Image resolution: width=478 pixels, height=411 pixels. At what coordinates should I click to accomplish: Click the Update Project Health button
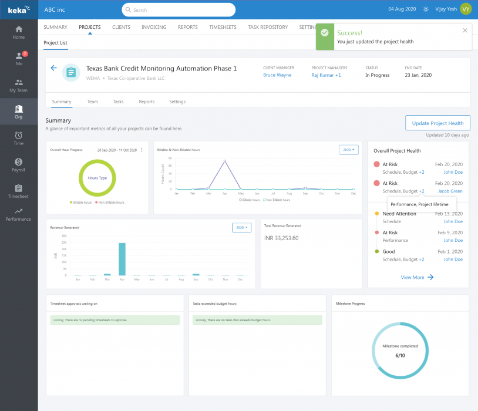437,123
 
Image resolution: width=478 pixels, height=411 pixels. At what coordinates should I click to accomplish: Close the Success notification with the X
465,30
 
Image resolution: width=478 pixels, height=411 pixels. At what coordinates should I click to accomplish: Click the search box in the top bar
179,10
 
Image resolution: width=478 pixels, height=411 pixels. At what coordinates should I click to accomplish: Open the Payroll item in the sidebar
19,166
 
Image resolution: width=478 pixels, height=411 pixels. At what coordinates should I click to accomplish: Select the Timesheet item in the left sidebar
19,192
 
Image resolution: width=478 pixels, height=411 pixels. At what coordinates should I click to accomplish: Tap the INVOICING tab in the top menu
154,27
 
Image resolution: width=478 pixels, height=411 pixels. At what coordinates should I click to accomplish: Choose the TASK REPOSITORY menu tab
268,27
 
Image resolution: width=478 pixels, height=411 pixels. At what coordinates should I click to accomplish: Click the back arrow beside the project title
54,68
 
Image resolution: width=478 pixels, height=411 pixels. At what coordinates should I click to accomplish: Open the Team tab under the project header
93,102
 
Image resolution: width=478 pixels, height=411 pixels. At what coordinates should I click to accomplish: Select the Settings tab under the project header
177,102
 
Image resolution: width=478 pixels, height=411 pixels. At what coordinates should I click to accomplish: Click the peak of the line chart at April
225,160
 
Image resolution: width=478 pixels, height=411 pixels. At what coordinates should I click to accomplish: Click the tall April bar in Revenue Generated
122,259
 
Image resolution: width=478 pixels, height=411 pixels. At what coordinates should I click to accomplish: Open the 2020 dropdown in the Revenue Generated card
241,227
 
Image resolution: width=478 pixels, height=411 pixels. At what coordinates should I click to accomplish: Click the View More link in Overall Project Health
418,277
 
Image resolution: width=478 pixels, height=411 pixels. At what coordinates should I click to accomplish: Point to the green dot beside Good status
376,251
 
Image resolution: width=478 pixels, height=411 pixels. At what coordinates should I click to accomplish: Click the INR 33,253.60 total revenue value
282,238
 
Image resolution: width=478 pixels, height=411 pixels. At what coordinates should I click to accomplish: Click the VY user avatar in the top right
466,9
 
